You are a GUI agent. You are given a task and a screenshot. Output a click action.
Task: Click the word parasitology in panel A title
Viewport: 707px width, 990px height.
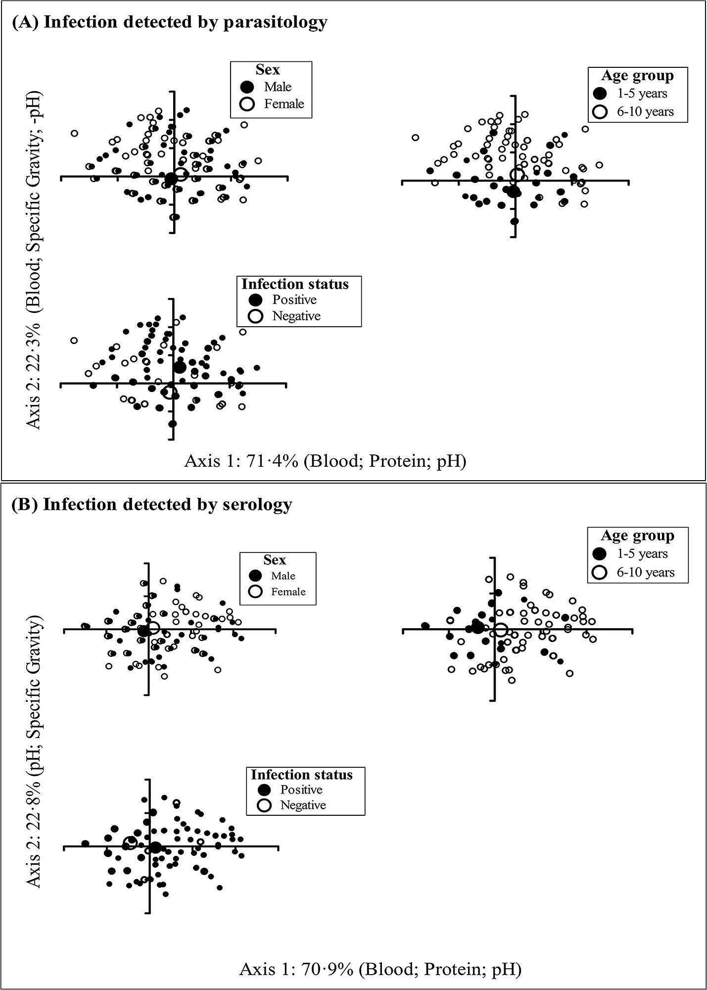(x=275, y=23)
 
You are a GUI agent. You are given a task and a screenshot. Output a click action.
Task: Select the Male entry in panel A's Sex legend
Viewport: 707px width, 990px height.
(x=278, y=87)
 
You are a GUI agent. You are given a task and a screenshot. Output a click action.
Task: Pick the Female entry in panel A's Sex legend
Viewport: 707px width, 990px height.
(x=284, y=104)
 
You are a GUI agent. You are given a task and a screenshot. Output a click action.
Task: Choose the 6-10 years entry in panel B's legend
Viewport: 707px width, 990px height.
(x=645, y=573)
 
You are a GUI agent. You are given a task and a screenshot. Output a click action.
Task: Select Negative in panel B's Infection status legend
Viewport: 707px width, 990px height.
(x=303, y=805)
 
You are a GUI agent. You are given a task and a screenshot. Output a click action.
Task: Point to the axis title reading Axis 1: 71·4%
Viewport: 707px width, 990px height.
(x=325, y=461)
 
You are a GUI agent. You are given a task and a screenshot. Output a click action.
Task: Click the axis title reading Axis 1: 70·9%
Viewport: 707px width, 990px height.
(x=380, y=969)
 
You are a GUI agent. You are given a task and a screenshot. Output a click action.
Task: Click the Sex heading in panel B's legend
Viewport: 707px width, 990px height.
(x=275, y=560)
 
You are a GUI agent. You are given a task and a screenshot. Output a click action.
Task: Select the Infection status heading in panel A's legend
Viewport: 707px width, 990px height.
(x=295, y=284)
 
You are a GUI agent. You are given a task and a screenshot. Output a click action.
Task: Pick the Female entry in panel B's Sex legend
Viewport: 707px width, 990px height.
(x=288, y=592)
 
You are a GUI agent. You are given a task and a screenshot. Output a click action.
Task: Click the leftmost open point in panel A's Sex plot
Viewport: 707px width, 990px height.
(x=74, y=133)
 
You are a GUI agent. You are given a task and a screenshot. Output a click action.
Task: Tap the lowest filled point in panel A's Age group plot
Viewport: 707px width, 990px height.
(x=515, y=221)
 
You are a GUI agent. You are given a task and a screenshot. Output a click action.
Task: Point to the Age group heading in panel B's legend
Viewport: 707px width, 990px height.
(x=637, y=536)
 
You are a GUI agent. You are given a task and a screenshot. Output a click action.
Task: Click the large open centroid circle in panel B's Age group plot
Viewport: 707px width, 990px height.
(x=501, y=630)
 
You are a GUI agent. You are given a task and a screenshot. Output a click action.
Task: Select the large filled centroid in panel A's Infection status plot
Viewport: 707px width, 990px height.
(x=180, y=367)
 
